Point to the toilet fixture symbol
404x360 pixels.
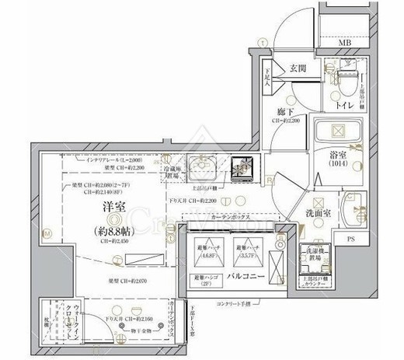(345, 80)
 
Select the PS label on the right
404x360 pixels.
(350, 239)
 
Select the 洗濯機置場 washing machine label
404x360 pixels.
(312, 257)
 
